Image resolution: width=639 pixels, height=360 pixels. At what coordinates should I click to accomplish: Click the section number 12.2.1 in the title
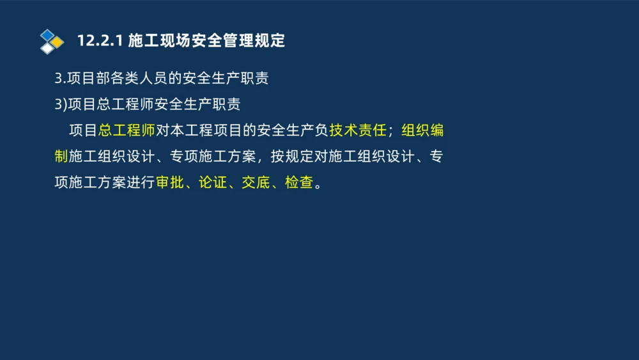99,41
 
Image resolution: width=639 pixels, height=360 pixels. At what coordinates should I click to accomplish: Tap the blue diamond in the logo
47,35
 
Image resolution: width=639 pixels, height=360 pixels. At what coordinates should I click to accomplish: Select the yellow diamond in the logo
58,42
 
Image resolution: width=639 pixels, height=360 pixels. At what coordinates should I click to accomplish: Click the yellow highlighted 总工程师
127,131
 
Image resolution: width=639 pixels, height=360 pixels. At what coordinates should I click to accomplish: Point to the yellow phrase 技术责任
358,131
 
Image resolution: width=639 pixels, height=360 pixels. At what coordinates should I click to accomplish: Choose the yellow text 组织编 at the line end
422,131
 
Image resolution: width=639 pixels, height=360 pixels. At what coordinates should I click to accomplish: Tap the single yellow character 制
61,157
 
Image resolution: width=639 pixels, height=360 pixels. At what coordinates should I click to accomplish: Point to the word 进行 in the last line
141,183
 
